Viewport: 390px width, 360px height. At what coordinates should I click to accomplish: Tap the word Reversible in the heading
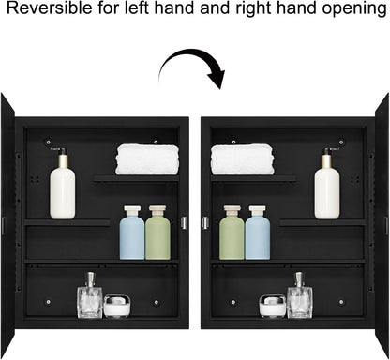coord(49,7)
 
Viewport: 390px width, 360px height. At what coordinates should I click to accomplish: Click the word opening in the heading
coord(354,8)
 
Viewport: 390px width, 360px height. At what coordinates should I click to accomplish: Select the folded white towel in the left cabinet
coord(147,159)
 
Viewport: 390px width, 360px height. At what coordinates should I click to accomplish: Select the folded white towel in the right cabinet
coord(243,159)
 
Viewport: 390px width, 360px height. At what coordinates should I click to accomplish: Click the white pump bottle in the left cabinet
coord(63,184)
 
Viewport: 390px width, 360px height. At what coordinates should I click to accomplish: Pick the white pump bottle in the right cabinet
coord(327,184)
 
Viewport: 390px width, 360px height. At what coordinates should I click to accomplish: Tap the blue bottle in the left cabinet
coord(132,232)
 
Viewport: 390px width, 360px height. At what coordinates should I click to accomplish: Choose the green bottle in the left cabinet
coord(157,232)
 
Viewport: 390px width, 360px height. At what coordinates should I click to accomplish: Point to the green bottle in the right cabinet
coord(232,232)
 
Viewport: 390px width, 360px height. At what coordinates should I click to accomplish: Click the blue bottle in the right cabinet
coord(258,232)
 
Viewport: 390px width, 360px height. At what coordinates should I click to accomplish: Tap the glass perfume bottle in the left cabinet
coord(90,295)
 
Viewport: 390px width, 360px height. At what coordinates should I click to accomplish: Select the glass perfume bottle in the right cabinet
coord(300,295)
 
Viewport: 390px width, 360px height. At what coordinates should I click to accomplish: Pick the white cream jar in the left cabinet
coord(117,306)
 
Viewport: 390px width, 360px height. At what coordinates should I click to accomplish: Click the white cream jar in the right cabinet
coord(273,306)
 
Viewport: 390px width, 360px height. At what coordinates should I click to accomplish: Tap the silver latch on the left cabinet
coord(185,222)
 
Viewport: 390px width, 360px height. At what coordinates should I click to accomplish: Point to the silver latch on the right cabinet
coord(205,222)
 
